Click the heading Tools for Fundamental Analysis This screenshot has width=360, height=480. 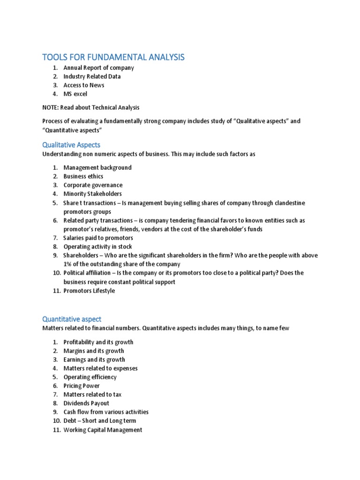click(113, 57)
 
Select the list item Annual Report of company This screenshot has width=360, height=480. click(98, 67)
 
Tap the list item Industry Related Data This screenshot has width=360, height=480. click(92, 76)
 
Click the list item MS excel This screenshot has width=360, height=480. click(75, 94)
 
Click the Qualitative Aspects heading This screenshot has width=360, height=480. click(71, 145)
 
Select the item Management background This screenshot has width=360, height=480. click(97, 167)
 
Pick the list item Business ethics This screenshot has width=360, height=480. click(83, 176)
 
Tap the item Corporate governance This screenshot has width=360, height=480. click(93, 185)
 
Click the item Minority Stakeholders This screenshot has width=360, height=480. click(92, 194)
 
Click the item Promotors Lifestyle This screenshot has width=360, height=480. click(89, 291)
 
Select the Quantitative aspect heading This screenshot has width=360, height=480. click(71, 319)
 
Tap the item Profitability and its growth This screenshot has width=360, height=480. click(98, 342)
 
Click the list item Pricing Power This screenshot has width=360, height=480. click(82, 386)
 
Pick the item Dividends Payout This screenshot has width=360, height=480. click(86, 403)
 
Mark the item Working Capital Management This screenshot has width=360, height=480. click(103, 430)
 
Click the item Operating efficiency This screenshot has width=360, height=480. click(90, 377)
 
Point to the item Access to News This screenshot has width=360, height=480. click(84, 85)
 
